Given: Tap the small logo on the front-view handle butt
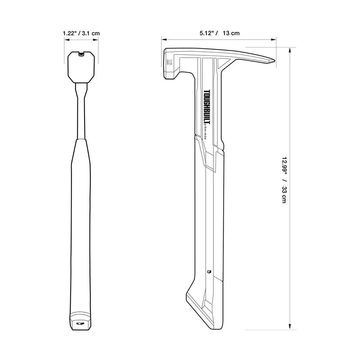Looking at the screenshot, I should pyautogui.click(x=81, y=323).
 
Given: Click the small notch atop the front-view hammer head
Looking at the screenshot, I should pyautogui.click(x=81, y=54).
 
